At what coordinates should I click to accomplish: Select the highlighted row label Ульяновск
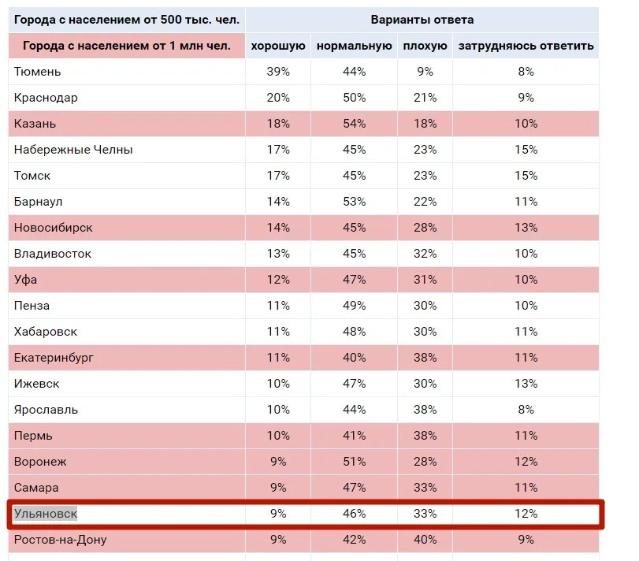click(46, 515)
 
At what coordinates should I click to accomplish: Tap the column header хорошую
click(278, 46)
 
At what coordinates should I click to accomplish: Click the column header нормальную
click(355, 46)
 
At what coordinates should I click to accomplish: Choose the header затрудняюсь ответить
click(526, 46)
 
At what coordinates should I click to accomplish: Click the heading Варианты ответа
click(422, 20)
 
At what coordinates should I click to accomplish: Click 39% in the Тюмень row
click(278, 72)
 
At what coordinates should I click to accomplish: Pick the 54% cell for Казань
click(355, 124)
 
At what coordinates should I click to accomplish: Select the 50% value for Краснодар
click(355, 98)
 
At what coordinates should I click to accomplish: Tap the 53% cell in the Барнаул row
click(355, 202)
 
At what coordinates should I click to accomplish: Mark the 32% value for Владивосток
click(425, 254)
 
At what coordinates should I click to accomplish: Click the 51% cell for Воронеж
click(355, 462)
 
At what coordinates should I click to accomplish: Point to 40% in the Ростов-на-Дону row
click(425, 540)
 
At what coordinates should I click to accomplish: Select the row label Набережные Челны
click(73, 150)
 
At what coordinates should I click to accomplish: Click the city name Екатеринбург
click(54, 358)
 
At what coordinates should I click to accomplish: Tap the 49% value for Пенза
click(355, 306)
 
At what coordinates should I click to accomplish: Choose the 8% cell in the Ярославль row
click(526, 410)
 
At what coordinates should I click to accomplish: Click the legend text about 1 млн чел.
click(127, 46)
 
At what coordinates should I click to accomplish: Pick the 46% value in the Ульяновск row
click(355, 515)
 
